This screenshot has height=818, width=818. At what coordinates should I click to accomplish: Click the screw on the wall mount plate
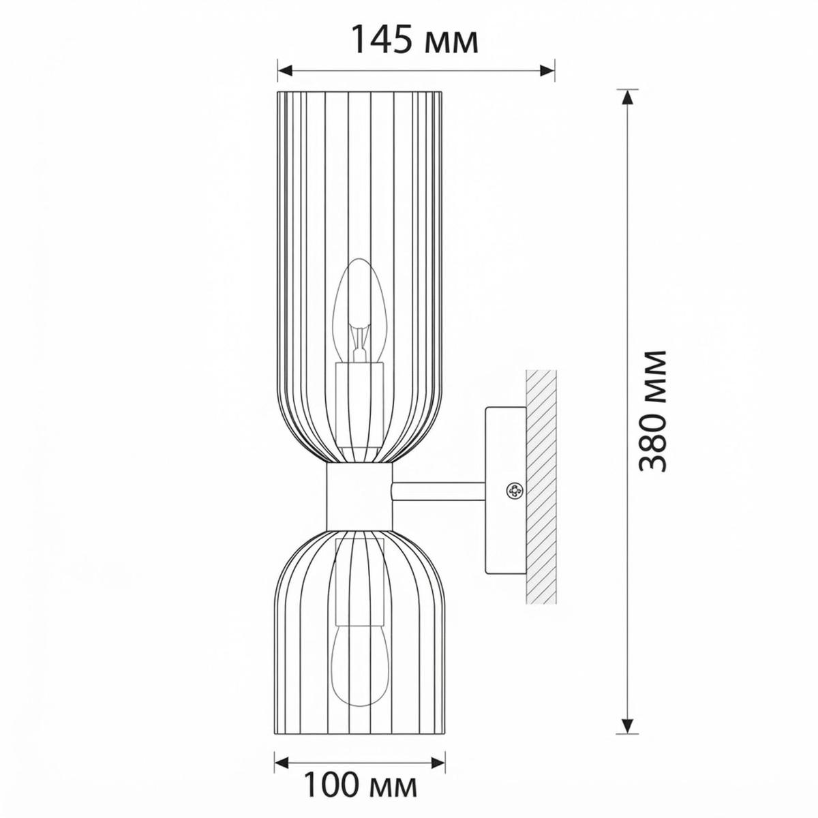point(514,491)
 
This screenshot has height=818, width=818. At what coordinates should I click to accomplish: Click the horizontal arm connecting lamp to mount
point(438,491)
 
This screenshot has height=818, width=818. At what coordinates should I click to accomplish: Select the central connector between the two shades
point(359,496)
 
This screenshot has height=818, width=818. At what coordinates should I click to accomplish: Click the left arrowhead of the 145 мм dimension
point(285,70)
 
